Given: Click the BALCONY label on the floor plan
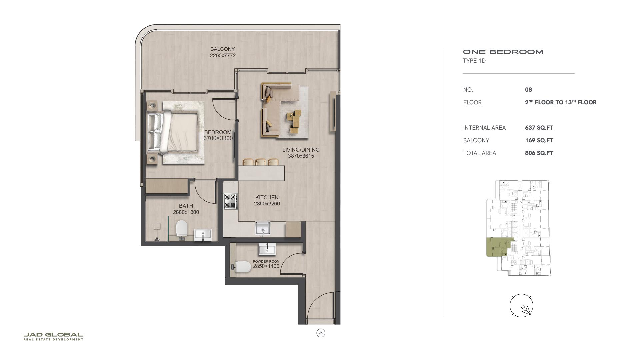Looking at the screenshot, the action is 222,49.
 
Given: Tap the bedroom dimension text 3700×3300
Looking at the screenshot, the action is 218,138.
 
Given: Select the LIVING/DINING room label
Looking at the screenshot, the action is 301,150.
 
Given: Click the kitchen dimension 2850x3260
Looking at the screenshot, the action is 267,204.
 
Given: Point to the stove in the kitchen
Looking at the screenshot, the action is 231,201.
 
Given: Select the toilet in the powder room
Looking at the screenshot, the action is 242,267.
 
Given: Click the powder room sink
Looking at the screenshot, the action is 267,249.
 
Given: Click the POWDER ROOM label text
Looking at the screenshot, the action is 266,262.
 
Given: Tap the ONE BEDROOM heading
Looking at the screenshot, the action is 503,52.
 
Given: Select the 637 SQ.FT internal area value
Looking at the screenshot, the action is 539,128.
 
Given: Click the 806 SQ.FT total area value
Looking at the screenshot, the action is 539,153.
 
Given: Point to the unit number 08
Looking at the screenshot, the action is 528,90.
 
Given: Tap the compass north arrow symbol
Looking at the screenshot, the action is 521,305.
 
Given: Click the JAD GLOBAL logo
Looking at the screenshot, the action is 53,336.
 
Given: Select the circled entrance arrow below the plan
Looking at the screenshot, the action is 321,333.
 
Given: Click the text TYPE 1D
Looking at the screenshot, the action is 474,61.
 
